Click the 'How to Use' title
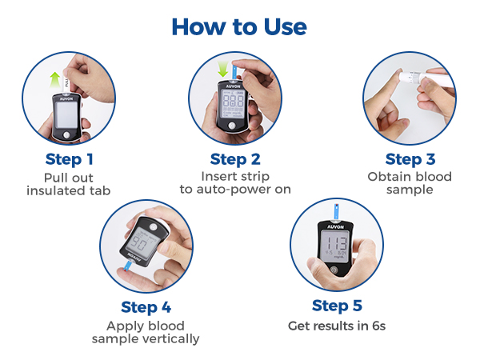(239, 26)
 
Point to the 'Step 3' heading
(409, 158)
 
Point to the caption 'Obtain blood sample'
(409, 183)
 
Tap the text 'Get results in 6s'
(336, 326)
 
